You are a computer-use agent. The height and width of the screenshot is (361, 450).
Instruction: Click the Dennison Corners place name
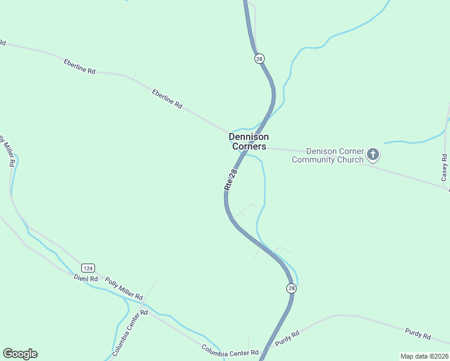pyautogui.click(x=248, y=141)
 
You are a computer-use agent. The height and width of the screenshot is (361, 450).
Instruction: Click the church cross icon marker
pyautogui.click(x=373, y=155)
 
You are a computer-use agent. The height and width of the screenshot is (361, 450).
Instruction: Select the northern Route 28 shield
pyautogui.click(x=259, y=58)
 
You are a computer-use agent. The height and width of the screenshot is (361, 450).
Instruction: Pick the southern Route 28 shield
pyautogui.click(x=291, y=289)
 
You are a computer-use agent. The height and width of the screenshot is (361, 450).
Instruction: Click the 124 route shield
pyautogui.click(x=88, y=268)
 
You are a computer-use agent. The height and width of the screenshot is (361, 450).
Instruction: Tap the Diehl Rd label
pyautogui.click(x=85, y=278)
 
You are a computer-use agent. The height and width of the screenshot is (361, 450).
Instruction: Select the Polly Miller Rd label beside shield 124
pyautogui.click(x=123, y=289)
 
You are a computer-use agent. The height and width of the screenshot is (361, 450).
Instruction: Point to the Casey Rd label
pyautogui.click(x=444, y=168)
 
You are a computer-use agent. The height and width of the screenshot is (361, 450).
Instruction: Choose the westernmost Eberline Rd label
pyautogui.click(x=79, y=66)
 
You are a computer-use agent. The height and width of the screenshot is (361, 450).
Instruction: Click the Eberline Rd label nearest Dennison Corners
pyautogui.click(x=167, y=98)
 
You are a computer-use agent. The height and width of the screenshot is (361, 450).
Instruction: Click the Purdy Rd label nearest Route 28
pyautogui.click(x=288, y=339)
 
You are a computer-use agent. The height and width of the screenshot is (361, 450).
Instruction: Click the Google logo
pyautogui.click(x=20, y=354)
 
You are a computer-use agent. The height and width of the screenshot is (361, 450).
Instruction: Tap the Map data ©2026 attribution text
pyautogui.click(x=424, y=356)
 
